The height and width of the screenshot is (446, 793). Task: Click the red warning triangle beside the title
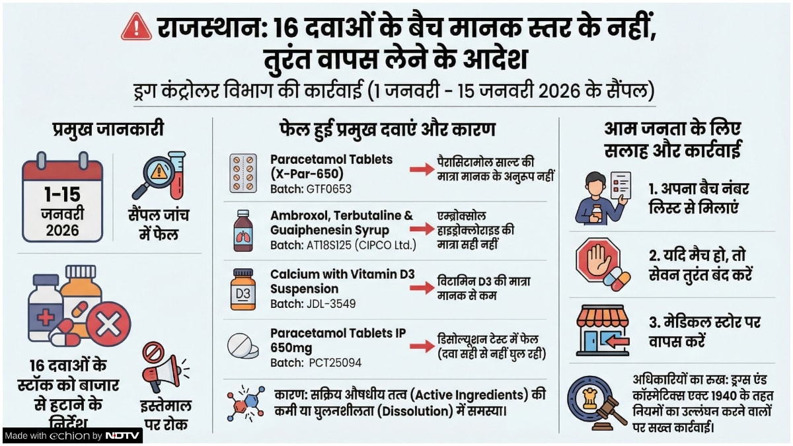tap(137, 28)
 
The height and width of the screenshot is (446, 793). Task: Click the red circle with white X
tap(108, 324)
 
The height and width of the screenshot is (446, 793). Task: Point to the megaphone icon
tap(163, 369)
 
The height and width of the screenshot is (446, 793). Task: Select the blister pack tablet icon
tap(243, 174)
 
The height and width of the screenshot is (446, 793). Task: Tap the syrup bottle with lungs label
tap(243, 231)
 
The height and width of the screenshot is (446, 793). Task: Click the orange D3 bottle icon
tap(243, 289)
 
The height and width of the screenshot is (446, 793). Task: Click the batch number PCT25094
tap(335, 363)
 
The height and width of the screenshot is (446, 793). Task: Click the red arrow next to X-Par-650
tap(421, 170)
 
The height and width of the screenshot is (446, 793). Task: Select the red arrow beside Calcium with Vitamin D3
tap(421, 288)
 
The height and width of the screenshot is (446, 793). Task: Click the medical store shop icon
tap(602, 330)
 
